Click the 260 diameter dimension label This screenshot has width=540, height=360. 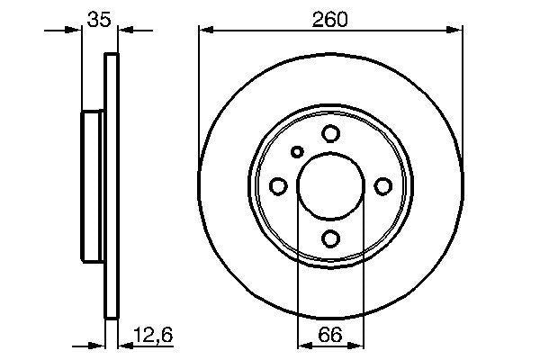[330, 18]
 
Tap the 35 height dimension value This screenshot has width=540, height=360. [99, 18]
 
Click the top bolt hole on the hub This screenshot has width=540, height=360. [330, 134]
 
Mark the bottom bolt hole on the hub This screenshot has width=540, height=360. [330, 238]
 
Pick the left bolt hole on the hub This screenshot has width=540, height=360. [278, 186]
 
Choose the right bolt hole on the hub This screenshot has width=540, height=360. [382, 186]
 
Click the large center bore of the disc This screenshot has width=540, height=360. [330, 186]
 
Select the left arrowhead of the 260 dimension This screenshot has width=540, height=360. [206, 31]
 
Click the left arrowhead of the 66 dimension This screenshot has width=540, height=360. [303, 345]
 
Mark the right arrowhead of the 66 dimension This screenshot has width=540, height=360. [357, 345]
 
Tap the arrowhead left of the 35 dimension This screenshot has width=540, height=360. [75, 31]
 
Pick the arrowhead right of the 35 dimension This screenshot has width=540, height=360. [125, 31]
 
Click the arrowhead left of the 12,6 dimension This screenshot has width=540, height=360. [99, 345]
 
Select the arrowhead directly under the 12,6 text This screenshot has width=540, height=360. [125, 345]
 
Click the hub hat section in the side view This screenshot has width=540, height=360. [94, 186]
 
